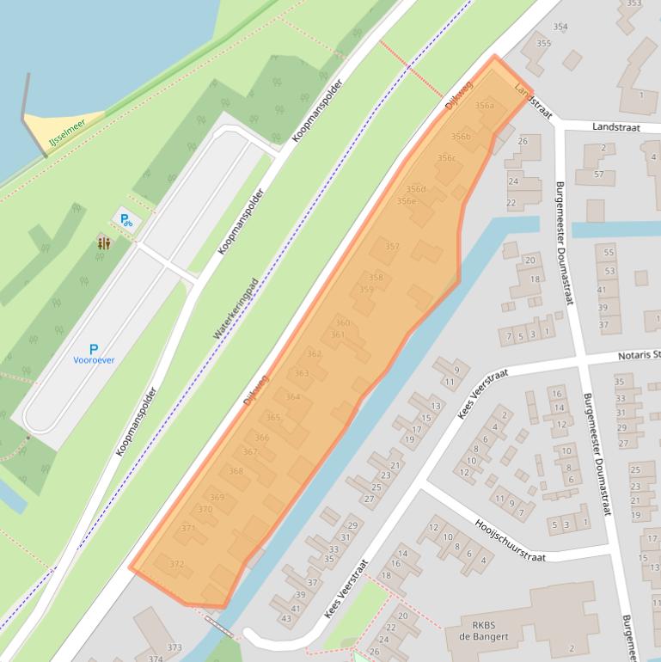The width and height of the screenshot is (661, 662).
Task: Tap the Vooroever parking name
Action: tap(95, 361)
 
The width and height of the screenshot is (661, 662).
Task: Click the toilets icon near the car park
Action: tap(104, 243)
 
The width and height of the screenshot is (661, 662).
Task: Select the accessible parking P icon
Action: tap(126, 220)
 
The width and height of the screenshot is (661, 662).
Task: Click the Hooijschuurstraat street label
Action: tap(511, 541)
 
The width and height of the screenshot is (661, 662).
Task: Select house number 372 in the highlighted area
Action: tap(177, 564)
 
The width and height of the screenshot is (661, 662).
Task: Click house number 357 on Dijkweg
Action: tap(392, 247)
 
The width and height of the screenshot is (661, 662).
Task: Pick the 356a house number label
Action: tap(485, 106)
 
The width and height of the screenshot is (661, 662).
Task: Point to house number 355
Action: tap(543, 43)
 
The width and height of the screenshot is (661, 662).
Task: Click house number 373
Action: tap(174, 647)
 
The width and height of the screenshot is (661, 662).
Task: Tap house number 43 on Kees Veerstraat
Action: tap(285, 619)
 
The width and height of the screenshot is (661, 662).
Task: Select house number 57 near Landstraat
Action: tap(599, 175)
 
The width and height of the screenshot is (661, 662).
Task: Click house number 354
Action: tap(560, 27)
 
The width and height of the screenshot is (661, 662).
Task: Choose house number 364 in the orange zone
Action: tap(293, 396)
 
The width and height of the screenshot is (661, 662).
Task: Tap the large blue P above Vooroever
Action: tap(94, 348)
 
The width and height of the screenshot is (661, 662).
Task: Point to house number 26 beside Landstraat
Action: tap(523, 141)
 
